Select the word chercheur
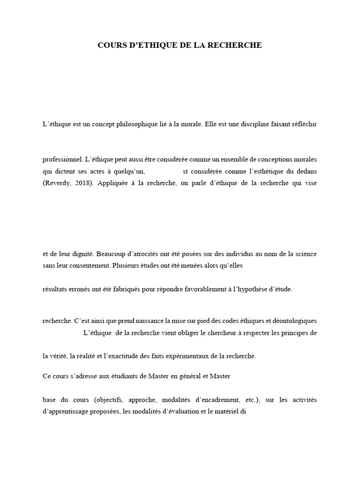point(223,333)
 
